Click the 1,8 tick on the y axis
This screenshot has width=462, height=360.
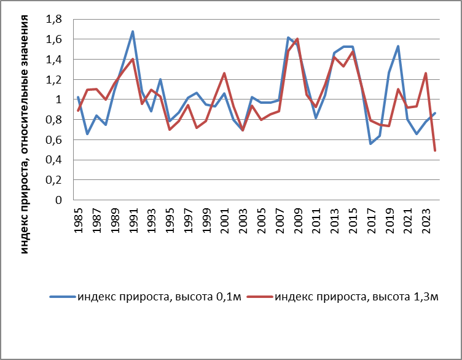pos(54,19)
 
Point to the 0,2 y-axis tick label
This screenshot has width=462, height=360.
pos(54,180)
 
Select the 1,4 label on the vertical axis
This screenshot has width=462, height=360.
pos(54,60)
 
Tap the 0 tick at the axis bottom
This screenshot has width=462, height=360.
pos(59,200)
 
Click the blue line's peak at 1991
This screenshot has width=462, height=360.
pos(133,31)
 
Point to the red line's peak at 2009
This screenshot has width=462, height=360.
pos(297,39)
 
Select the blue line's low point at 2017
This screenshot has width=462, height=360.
pos(370,144)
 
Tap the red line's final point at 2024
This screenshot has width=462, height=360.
pos(435,151)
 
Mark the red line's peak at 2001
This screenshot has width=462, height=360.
pos(224,73)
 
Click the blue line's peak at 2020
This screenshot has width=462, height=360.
pos(398,46)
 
